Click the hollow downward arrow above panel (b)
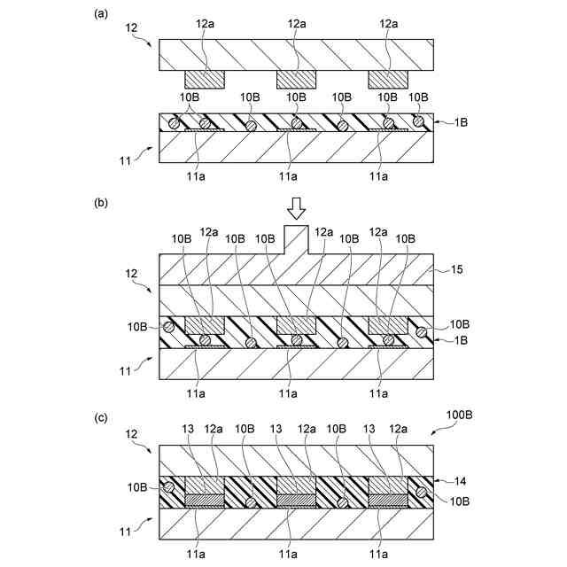point(296,207)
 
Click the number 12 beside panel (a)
point(130,29)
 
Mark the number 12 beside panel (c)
point(130,435)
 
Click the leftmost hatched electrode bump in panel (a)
point(205,80)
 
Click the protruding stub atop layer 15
point(296,239)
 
